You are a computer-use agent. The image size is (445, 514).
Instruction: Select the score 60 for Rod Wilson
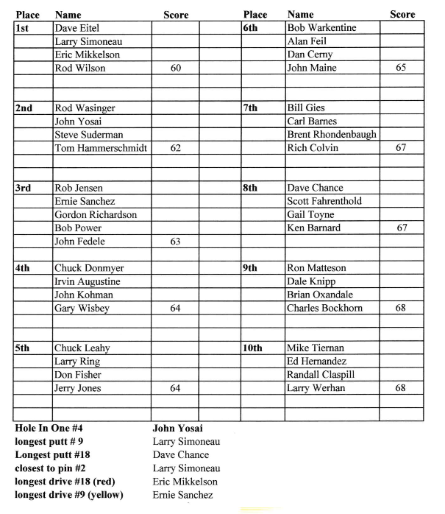(176, 68)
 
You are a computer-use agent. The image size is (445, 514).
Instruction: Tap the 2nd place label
(24, 108)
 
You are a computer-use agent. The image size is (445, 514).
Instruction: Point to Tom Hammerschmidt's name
(102, 148)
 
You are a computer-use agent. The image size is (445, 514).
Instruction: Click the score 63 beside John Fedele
(176, 241)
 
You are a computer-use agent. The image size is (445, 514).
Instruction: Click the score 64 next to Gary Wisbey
(176, 308)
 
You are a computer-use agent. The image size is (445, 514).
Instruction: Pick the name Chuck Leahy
(80, 348)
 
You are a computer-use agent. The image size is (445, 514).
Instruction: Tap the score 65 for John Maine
(402, 68)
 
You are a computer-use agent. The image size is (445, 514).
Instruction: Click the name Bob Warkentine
(321, 28)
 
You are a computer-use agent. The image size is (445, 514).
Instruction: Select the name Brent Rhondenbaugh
(331, 135)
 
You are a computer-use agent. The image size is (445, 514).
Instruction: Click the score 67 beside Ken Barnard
(402, 228)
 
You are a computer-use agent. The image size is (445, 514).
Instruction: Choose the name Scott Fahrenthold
(324, 201)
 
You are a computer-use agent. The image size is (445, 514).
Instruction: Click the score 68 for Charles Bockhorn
(402, 308)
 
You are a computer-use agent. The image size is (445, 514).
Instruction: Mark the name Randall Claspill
(321, 375)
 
